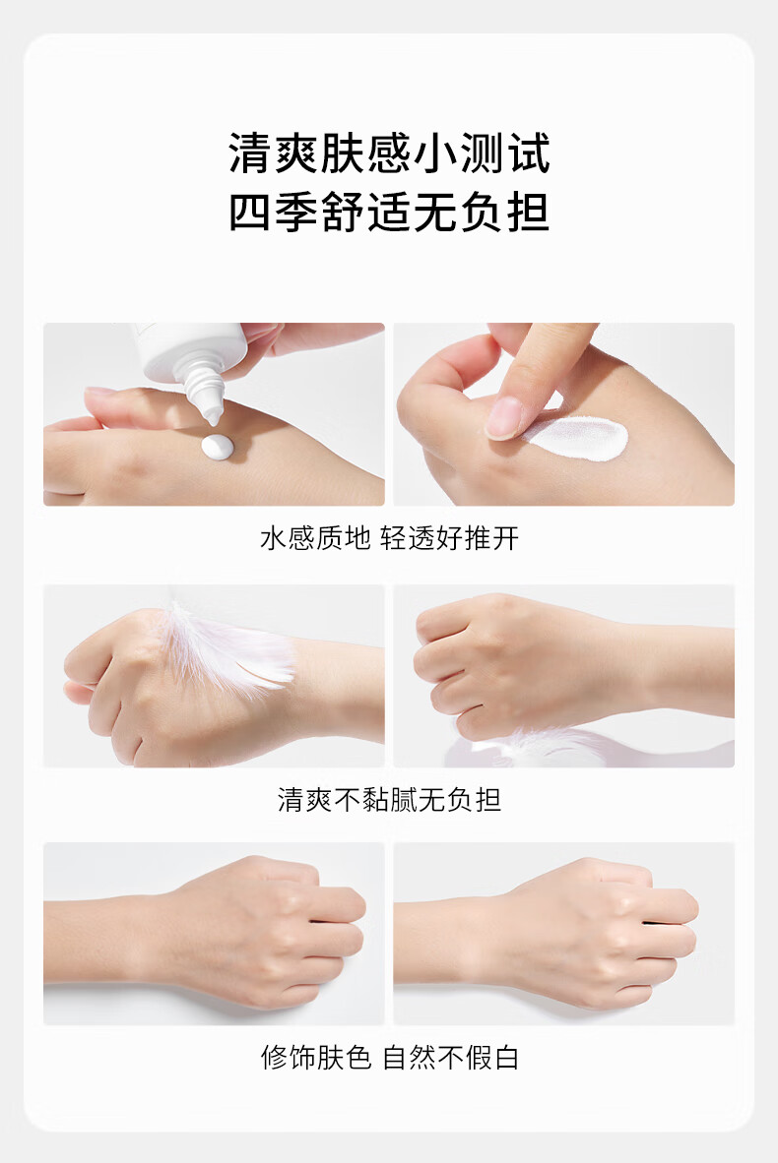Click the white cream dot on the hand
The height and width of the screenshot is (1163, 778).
(218, 447)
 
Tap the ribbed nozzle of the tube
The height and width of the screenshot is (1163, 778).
(204, 391)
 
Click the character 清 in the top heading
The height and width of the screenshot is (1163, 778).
(250, 153)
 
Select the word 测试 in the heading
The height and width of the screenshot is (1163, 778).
(504, 153)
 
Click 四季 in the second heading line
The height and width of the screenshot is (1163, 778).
(273, 213)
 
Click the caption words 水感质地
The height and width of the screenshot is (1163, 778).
(315, 538)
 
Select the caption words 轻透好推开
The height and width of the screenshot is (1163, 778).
(450, 538)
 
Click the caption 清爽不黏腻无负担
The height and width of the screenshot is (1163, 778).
(389, 800)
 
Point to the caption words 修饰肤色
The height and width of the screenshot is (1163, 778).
(315, 1057)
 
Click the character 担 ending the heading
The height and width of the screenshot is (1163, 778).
(528, 213)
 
